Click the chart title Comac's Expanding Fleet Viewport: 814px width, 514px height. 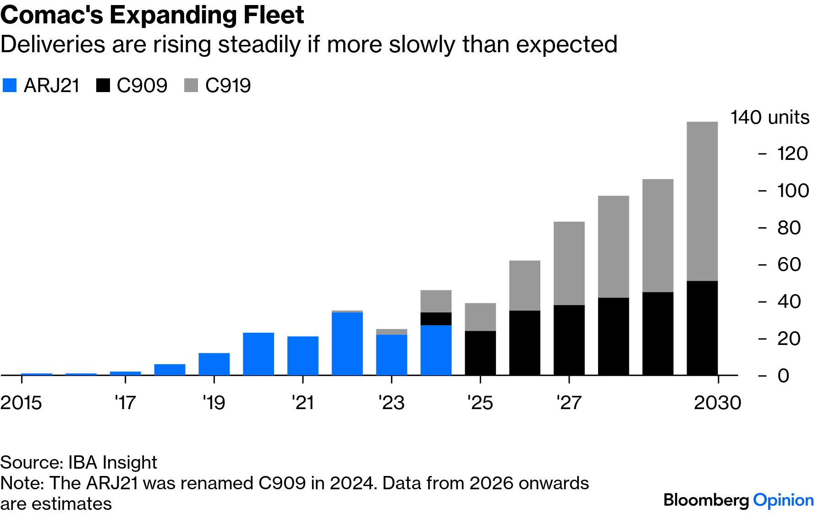(152, 15)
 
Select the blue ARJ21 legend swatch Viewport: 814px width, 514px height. (10, 86)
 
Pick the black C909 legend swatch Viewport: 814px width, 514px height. (103, 86)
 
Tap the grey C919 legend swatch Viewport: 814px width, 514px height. (191, 86)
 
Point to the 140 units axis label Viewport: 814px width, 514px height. (770, 117)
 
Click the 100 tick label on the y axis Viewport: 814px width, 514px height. (793, 191)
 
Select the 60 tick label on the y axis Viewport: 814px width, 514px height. (789, 264)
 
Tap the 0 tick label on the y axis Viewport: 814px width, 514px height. (783, 376)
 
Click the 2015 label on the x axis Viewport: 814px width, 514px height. (21, 403)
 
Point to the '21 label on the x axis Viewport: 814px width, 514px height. (303, 403)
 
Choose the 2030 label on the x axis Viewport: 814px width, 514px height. (717, 403)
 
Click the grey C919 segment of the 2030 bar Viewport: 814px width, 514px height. (702, 201)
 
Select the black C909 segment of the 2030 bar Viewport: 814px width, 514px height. (702, 328)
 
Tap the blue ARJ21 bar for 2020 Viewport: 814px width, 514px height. (258, 354)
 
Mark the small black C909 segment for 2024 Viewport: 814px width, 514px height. (436, 319)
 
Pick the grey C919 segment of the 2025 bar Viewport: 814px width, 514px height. (480, 317)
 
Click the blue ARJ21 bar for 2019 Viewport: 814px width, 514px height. (214, 364)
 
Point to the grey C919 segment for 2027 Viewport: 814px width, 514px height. (569, 263)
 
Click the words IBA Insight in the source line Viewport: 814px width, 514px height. (112, 462)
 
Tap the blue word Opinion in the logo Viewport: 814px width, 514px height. (783, 500)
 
